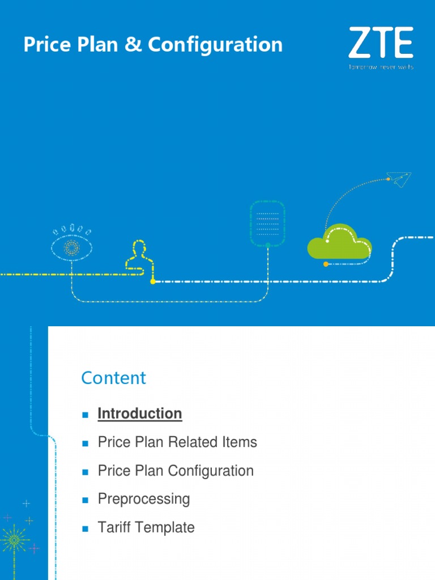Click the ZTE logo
click(381, 43)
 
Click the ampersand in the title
click(134, 45)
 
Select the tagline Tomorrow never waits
click(381, 67)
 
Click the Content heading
click(113, 378)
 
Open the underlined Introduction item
click(140, 414)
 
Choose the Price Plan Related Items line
click(177, 442)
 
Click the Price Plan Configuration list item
click(176, 471)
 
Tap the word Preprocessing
click(144, 499)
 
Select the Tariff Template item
click(146, 527)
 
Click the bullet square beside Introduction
click(86, 415)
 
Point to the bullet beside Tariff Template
click(86, 528)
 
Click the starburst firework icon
click(14, 540)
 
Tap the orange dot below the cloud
click(326, 264)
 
